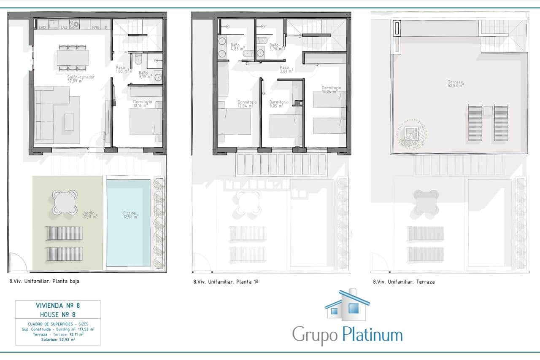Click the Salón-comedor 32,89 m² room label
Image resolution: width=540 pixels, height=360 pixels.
(81, 79)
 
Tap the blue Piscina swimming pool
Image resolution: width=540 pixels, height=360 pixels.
(129, 223)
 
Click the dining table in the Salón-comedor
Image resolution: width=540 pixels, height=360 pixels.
(73, 58)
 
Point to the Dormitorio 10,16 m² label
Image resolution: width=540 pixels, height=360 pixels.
(143, 104)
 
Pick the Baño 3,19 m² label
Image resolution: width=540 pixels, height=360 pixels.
(143, 75)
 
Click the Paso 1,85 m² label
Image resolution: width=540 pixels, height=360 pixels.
(123, 69)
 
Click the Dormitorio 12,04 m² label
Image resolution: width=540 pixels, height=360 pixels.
(247, 104)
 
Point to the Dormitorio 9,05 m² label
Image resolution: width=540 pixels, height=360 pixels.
(279, 104)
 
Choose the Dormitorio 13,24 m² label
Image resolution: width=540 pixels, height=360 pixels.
(331, 90)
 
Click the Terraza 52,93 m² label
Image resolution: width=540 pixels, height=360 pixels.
(456, 83)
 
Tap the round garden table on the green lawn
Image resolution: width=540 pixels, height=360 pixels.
(65, 201)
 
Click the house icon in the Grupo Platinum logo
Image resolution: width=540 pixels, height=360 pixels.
(347, 305)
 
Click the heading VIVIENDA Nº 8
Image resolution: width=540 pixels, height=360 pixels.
(58, 306)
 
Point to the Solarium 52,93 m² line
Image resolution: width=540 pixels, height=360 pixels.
(58, 339)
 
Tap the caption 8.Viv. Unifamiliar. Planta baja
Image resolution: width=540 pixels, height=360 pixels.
(44, 282)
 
